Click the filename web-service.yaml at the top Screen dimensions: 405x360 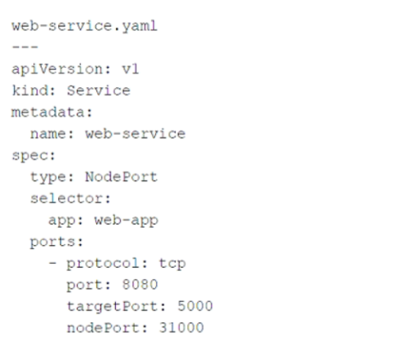pyautogui.click(x=85, y=26)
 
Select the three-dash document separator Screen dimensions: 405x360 pyautogui.click(x=25, y=47)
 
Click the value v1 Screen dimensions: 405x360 pyautogui.click(x=131, y=69)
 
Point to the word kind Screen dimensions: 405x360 pyautogui.click(x=30, y=91)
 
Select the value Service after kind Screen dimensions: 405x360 pyautogui.click(x=99, y=91)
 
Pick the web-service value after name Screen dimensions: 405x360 pyautogui.click(x=136, y=134)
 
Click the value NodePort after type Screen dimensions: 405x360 pyautogui.click(x=122, y=177)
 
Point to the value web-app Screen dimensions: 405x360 pyautogui.click(x=127, y=221)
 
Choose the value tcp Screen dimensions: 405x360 pyautogui.click(x=172, y=264)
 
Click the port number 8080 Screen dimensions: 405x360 pyautogui.click(x=140, y=285)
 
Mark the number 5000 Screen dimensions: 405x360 pyautogui.click(x=195, y=306)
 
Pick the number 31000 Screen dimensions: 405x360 pyautogui.click(x=181, y=327)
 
